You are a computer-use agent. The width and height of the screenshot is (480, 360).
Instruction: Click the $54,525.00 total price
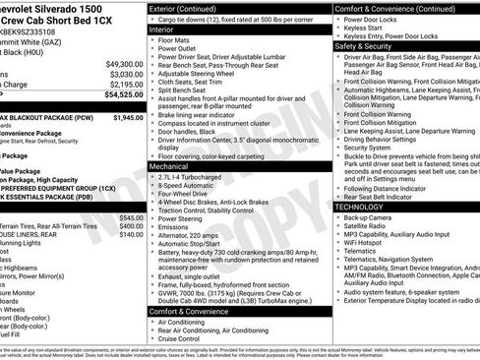pyautogui.click(x=119, y=95)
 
